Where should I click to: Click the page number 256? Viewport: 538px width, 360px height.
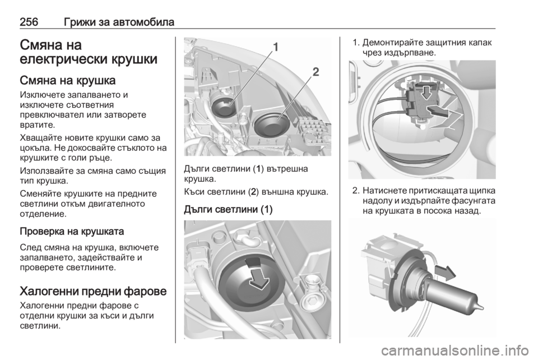tap(29, 22)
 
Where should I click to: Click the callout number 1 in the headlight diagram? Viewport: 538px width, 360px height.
tap(276, 47)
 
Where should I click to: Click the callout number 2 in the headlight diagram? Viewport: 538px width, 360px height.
tap(316, 72)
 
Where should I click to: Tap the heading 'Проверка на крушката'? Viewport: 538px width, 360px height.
tap(72, 231)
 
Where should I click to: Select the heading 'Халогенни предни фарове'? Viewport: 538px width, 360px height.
tap(94, 291)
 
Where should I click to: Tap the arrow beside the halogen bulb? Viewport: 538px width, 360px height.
tap(446, 272)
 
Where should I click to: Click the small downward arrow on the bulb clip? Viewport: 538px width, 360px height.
tap(426, 93)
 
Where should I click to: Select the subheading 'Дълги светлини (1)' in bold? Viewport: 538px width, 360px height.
tap(228, 209)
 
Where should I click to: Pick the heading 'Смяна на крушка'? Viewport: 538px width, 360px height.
tap(68, 80)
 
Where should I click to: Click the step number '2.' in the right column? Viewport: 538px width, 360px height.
tap(356, 191)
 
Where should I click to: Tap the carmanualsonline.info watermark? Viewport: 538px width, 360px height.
tap(454, 350)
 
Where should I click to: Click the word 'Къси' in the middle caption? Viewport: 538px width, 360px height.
tap(194, 192)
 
